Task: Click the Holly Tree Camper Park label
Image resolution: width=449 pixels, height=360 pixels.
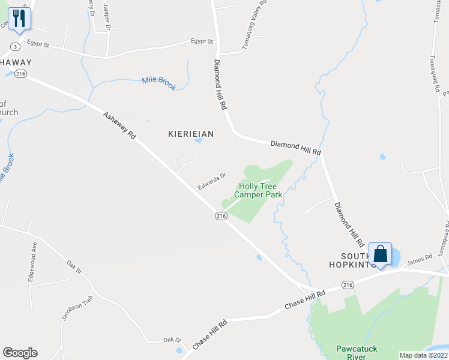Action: click(x=258, y=190)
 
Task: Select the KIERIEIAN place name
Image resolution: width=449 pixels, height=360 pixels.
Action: click(x=191, y=134)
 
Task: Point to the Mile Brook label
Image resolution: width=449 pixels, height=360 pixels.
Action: click(x=159, y=83)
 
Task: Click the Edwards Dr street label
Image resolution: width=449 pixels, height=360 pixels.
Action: click(x=212, y=181)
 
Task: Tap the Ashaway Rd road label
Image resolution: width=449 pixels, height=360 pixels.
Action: click(x=119, y=125)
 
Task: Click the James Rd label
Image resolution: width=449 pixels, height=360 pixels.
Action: click(x=420, y=259)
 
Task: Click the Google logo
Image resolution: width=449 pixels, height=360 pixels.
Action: click(x=20, y=353)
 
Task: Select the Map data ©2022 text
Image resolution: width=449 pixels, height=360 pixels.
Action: click(x=423, y=355)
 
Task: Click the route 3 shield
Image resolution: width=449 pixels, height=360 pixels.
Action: click(x=14, y=46)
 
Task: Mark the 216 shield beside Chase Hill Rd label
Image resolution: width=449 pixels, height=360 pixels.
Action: click(x=347, y=284)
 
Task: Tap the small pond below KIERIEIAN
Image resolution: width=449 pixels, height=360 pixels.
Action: click(x=198, y=142)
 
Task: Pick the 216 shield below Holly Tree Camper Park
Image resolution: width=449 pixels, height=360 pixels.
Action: click(x=221, y=216)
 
